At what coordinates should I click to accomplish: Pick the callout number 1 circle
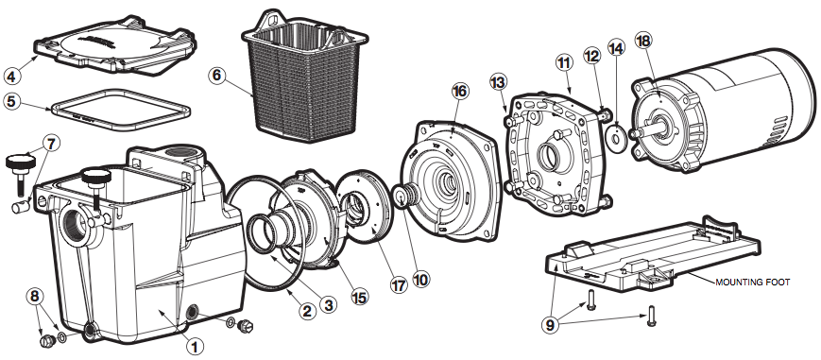(x=195, y=347)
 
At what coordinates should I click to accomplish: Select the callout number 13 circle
(x=499, y=82)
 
